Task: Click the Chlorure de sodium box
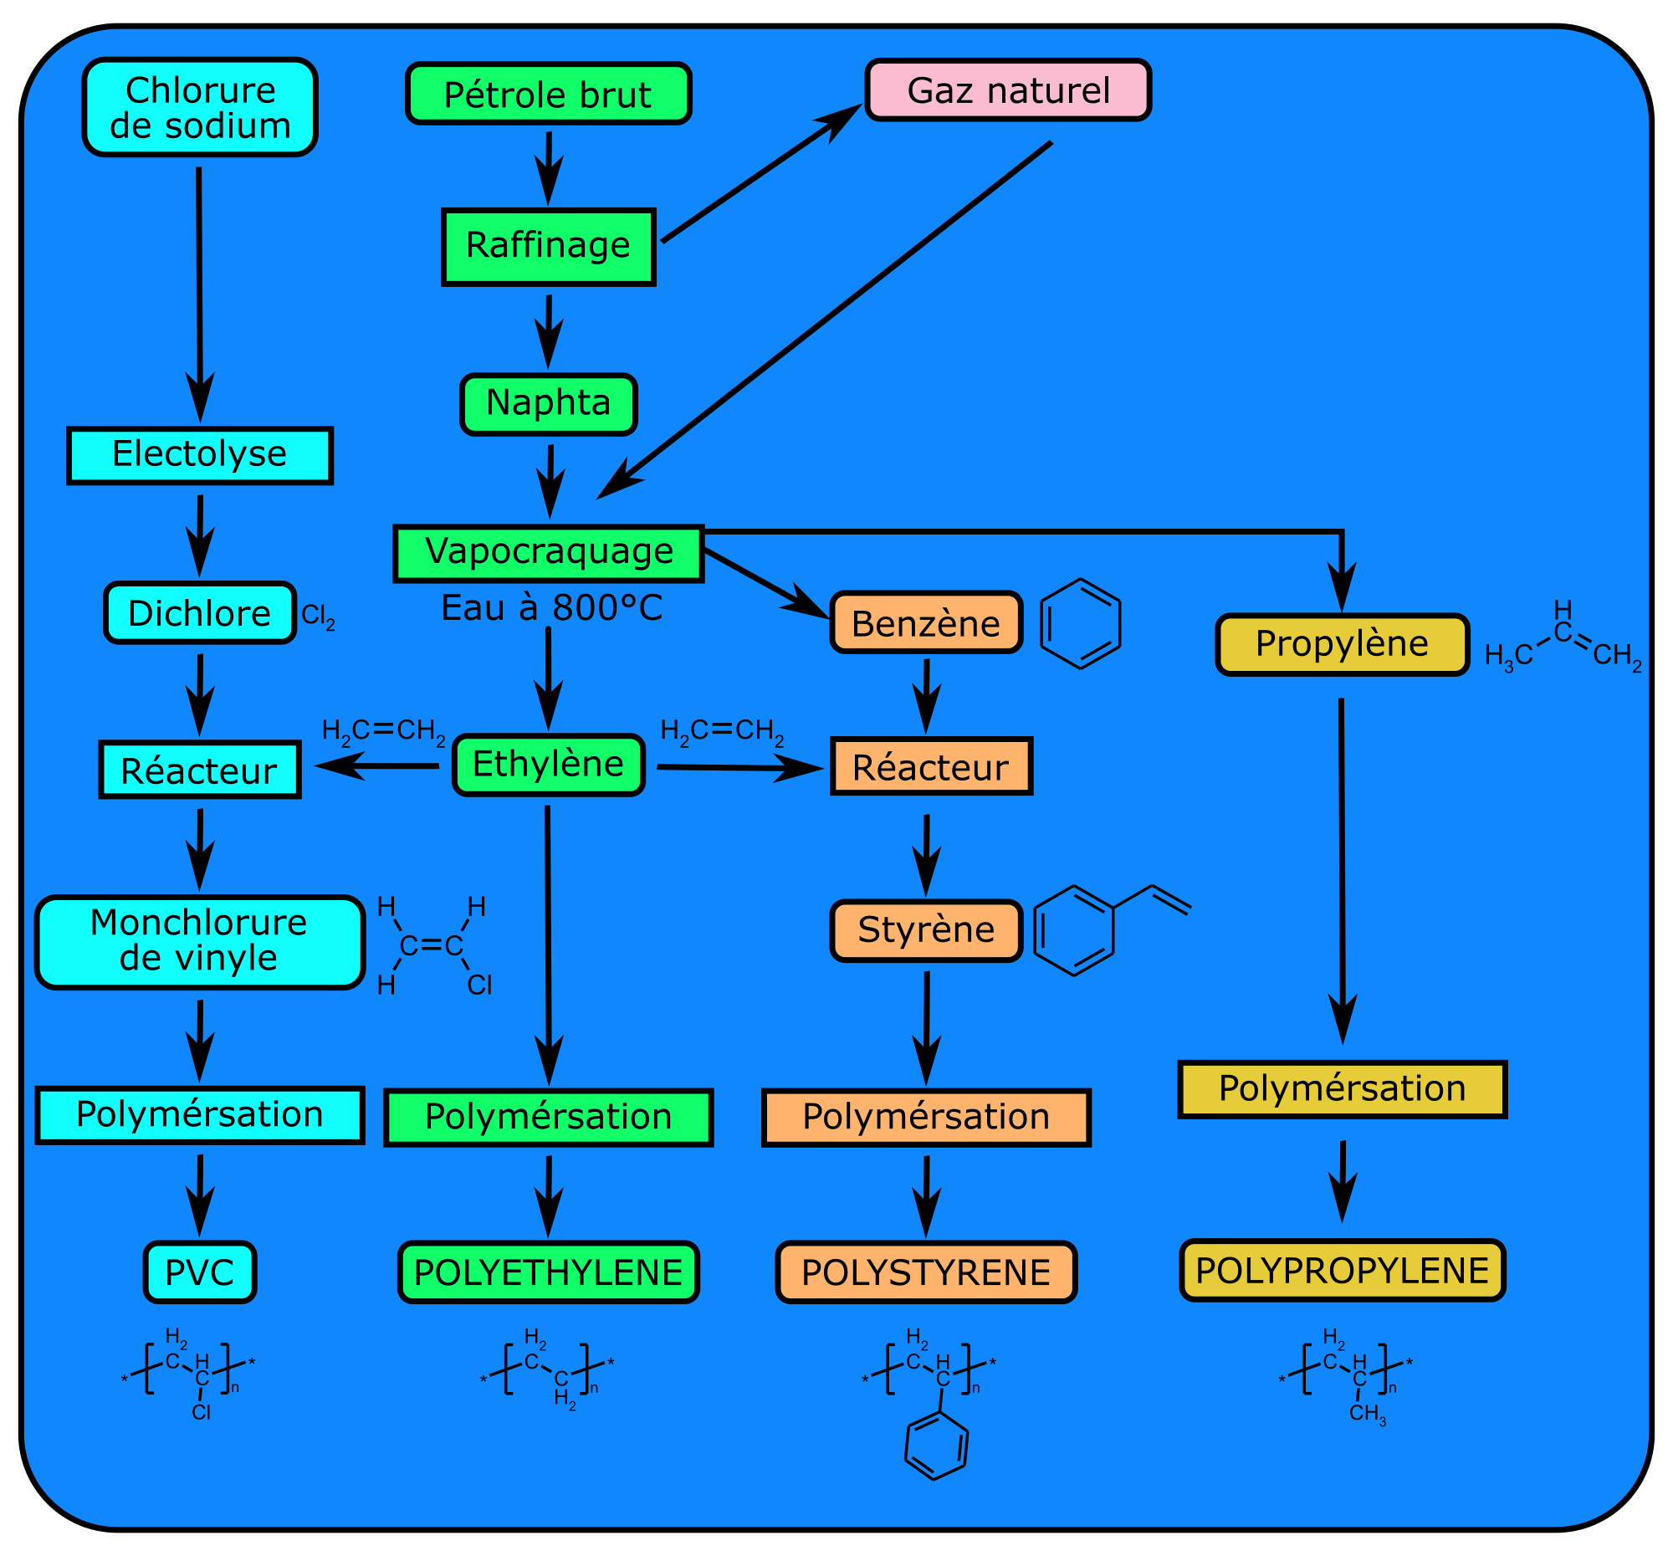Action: (x=199, y=107)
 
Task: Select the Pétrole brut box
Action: (x=548, y=94)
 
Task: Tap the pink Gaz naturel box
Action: (x=1007, y=90)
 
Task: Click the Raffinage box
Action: (x=548, y=247)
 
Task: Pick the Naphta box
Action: (x=548, y=404)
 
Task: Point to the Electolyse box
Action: (x=199, y=455)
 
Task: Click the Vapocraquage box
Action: (x=548, y=553)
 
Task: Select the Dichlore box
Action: (x=199, y=612)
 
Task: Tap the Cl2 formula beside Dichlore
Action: (x=318, y=616)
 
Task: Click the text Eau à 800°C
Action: (x=551, y=607)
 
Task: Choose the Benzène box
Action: (x=926, y=622)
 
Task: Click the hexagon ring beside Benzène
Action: (x=1080, y=623)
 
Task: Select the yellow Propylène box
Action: (x=1342, y=644)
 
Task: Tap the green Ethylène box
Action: (x=548, y=764)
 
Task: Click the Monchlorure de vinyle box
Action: (x=199, y=941)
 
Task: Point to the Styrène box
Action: (x=926, y=930)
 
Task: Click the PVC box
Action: (x=199, y=1272)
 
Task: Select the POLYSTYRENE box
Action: (x=926, y=1272)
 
